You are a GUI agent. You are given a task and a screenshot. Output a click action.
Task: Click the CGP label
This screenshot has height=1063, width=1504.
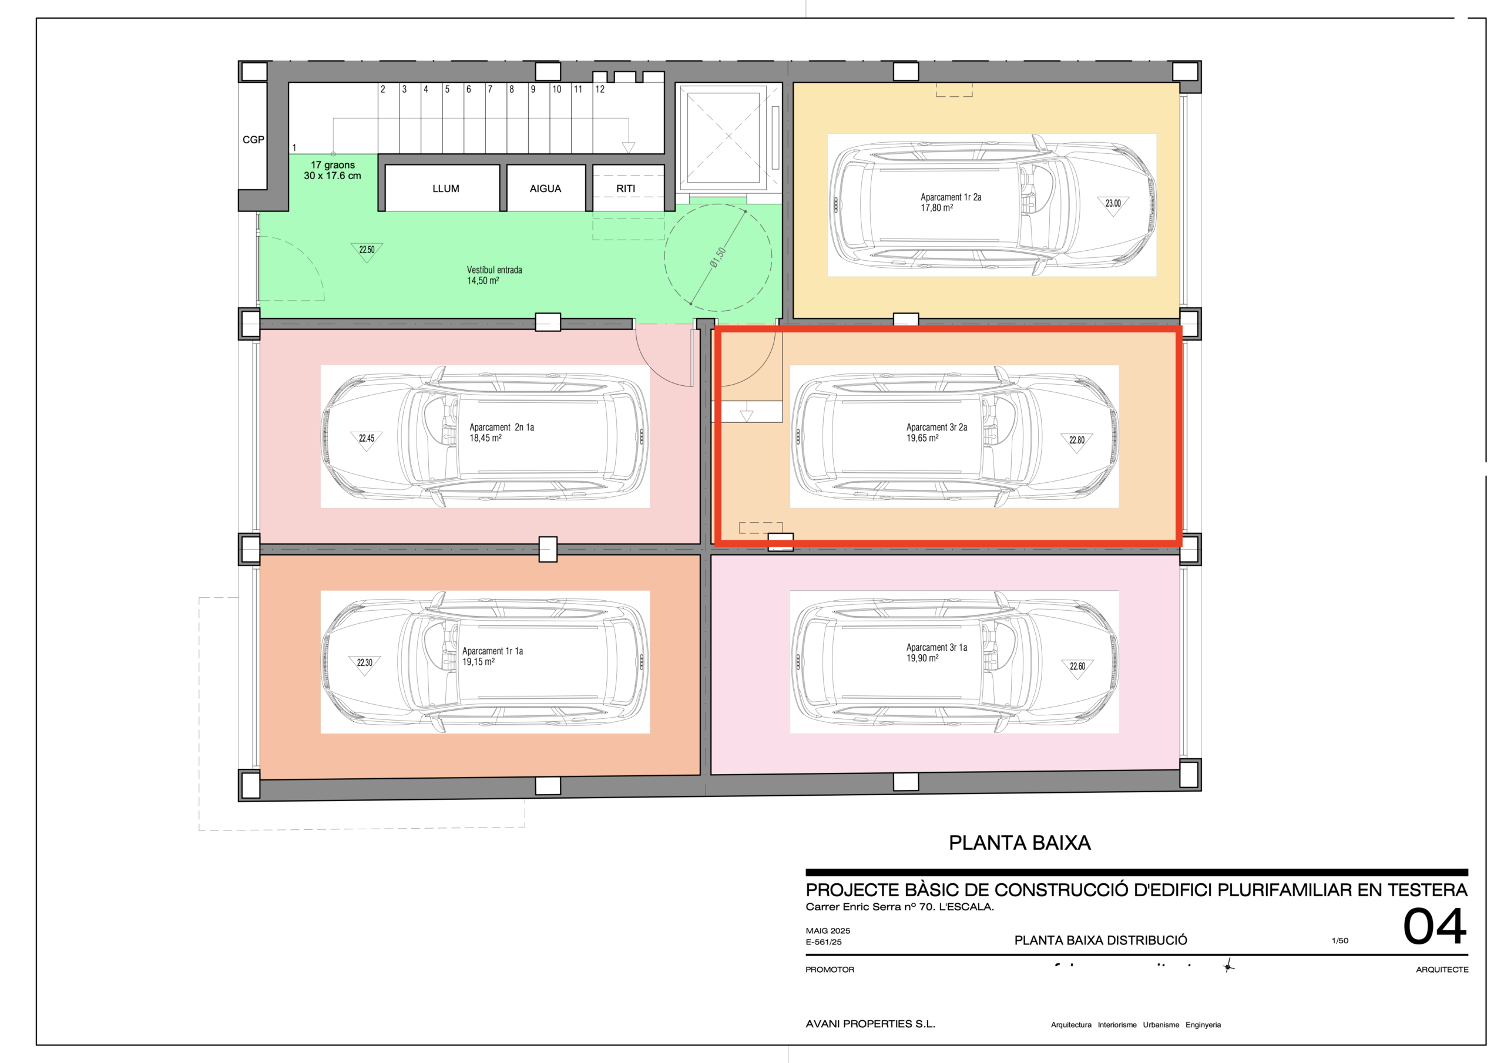[x=253, y=140]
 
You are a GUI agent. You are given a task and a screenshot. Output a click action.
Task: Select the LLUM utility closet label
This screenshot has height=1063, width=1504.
[x=445, y=189]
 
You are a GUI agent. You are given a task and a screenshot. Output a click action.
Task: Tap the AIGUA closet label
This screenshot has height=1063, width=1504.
[x=545, y=189]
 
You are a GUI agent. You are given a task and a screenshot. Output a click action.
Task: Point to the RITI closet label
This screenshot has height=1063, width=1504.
[x=626, y=189]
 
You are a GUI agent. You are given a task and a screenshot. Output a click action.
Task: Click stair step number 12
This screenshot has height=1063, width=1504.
[x=600, y=89]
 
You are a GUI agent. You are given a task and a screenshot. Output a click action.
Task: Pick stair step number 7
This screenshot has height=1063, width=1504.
[x=490, y=89]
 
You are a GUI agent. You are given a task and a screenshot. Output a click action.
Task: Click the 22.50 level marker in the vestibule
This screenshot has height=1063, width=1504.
[x=367, y=251]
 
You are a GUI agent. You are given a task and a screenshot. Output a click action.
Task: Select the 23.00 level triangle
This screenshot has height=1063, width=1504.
[x=1113, y=205]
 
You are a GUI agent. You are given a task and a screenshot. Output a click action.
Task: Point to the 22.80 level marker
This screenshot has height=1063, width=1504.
[x=1077, y=442]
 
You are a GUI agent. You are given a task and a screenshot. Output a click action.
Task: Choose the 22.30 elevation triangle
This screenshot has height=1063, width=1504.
[x=365, y=664]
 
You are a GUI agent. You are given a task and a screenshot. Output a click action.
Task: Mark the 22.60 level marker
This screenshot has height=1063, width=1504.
[x=1077, y=668]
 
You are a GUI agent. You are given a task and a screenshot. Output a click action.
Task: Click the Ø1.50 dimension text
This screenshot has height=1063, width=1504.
[x=719, y=257]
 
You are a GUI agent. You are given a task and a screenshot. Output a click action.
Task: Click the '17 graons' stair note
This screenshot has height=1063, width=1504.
[x=333, y=165]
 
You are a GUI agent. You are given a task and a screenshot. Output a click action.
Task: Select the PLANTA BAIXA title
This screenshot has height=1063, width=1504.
[x=1020, y=843]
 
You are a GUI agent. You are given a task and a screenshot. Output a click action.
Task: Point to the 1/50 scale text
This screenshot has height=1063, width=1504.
[x=1340, y=940]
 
